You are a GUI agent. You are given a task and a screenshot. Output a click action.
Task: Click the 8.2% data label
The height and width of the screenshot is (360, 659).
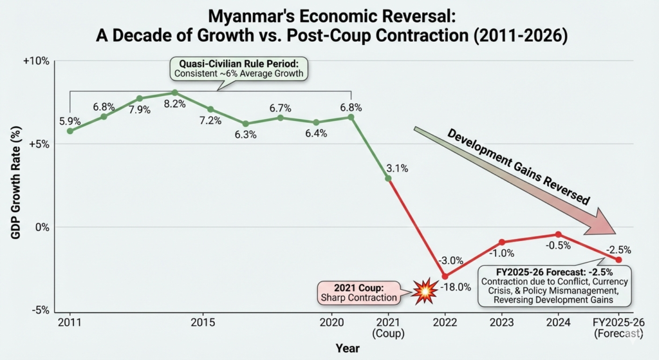174,103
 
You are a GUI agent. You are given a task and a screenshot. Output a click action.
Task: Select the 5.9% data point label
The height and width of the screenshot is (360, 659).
70,120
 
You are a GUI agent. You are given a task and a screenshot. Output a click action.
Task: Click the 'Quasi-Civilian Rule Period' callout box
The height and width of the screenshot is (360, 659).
239,68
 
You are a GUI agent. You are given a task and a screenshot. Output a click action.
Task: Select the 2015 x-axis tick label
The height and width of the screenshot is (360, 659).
203,322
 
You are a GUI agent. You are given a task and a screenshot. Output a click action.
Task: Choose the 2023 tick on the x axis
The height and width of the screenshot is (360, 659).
502,322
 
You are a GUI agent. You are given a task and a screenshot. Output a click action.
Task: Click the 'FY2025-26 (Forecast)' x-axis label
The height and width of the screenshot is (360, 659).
618,328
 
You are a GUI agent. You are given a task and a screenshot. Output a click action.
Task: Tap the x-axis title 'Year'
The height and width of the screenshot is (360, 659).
348,348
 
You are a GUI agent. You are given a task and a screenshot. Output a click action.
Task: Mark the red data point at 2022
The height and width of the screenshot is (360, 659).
445,276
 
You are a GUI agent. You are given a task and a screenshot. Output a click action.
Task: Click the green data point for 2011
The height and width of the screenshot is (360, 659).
70,131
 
